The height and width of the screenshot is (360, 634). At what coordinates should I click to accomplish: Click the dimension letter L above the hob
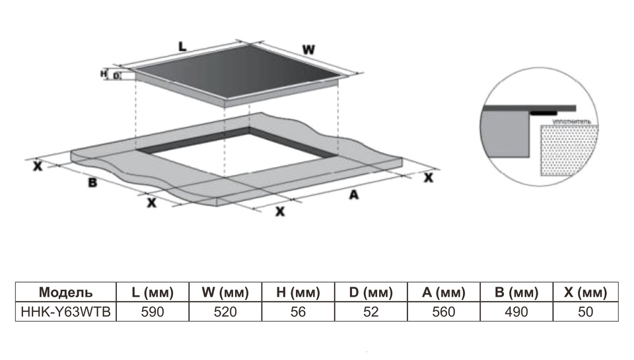pos(183,46)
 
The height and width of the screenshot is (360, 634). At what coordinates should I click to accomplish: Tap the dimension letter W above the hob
pos(308,50)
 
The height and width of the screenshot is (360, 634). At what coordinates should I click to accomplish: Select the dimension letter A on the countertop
pos(353,195)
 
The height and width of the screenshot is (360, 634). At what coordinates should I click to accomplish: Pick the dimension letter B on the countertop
pos(93,182)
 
